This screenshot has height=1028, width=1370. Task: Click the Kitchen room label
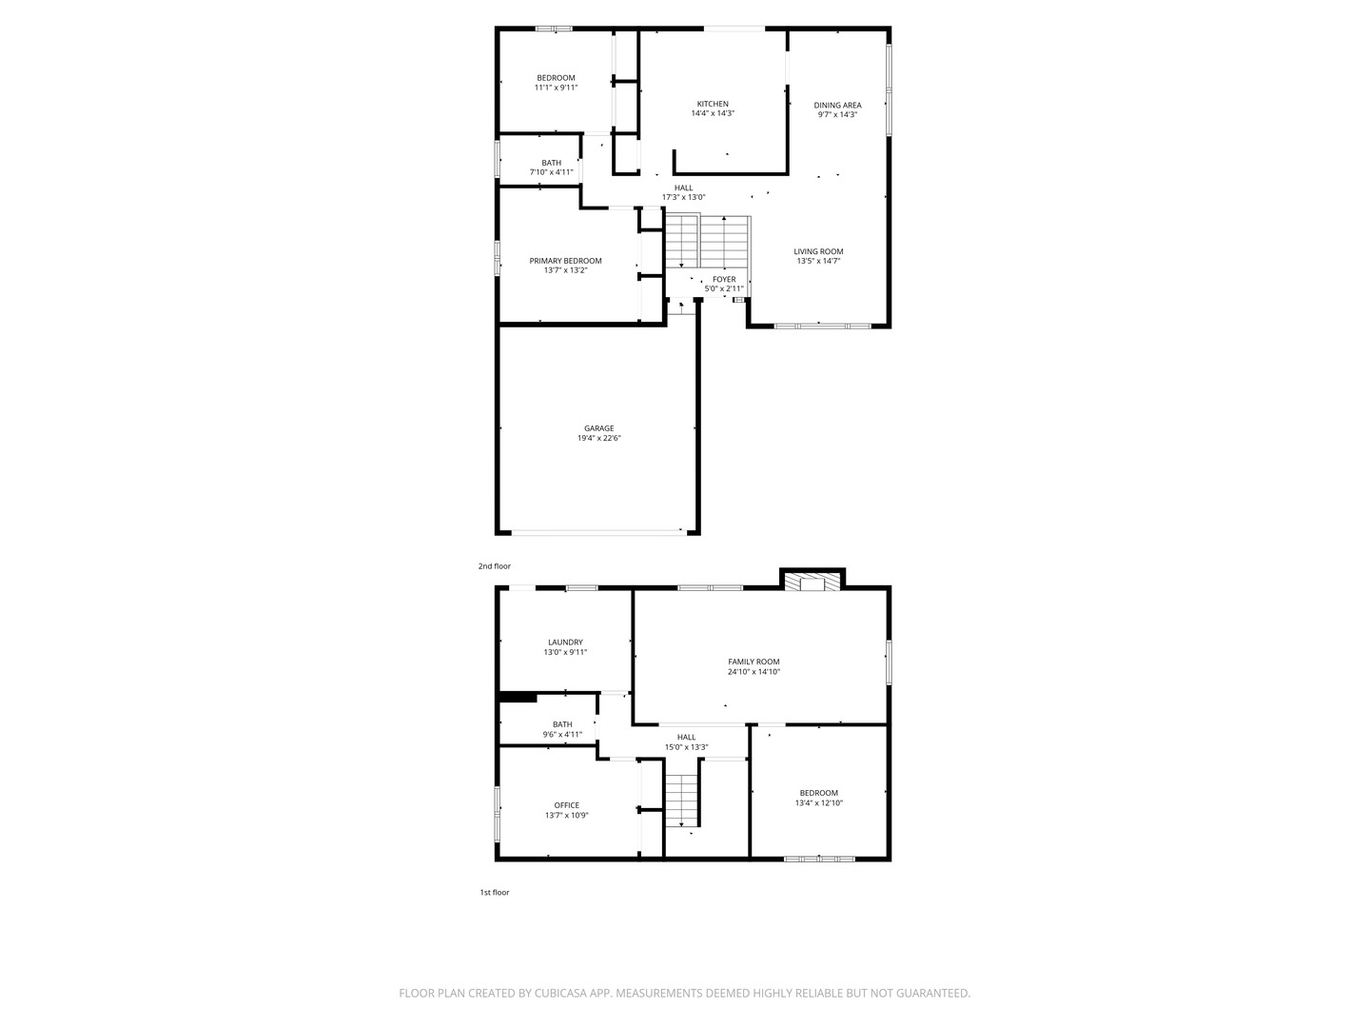(713, 104)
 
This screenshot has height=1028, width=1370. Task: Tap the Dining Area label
(837, 105)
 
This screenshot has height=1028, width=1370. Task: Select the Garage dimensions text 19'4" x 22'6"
(598, 438)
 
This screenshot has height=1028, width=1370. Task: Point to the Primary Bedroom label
(565, 261)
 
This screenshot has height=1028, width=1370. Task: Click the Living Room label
(818, 251)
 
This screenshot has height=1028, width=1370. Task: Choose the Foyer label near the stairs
(724, 279)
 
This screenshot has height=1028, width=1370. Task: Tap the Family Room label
(753, 662)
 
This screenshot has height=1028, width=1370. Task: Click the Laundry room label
(565, 642)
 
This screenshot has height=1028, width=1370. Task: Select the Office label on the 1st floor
(566, 805)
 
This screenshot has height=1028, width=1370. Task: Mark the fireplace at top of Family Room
(812, 583)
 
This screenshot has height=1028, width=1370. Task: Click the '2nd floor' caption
(494, 566)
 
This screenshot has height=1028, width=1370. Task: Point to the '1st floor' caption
(494, 893)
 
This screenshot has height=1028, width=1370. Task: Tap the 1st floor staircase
(681, 801)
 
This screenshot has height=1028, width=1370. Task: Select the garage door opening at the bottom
(598, 532)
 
